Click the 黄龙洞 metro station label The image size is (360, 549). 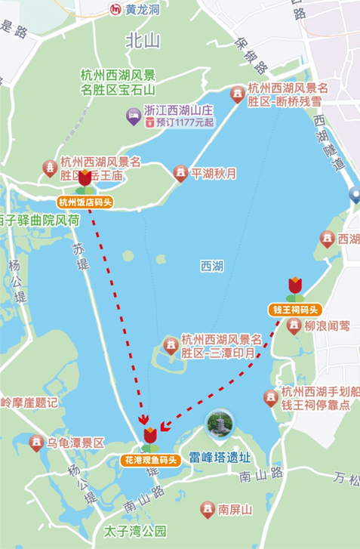pyautogui.click(x=143, y=10)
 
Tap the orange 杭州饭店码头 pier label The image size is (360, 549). pyautogui.click(x=85, y=202)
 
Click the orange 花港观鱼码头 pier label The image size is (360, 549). pyautogui.click(x=150, y=459)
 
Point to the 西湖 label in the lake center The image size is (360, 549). pyautogui.click(x=212, y=266)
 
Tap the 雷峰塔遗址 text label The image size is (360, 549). pyautogui.click(x=220, y=457)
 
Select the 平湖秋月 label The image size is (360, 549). pyautogui.click(x=214, y=174)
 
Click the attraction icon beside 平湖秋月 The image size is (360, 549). pyautogui.click(x=180, y=174)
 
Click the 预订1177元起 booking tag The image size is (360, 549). pyautogui.click(x=180, y=121)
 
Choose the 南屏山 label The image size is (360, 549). pyautogui.click(x=235, y=510)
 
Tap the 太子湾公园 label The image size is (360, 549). pyautogui.click(x=135, y=531)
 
